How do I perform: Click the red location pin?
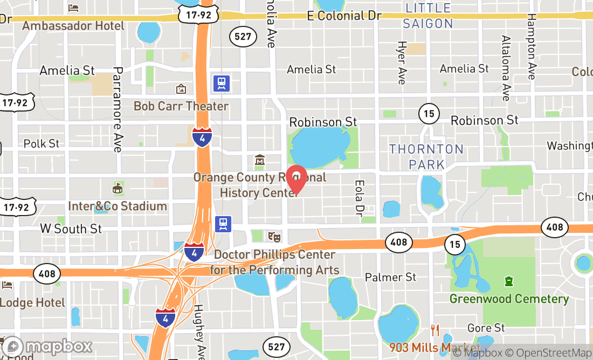click(296, 180)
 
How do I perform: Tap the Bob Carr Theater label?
click(181, 106)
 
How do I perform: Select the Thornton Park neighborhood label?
click(426, 156)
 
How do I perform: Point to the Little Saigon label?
click(429, 16)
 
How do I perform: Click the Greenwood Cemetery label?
click(509, 299)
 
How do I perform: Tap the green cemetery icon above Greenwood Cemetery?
click(508, 281)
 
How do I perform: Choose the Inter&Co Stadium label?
click(118, 206)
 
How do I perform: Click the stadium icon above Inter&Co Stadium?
click(117, 188)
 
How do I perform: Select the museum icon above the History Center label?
click(260, 160)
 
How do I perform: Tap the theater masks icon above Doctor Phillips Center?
click(274, 236)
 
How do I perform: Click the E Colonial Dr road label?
click(344, 16)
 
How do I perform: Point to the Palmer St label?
click(390, 277)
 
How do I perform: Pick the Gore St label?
click(486, 328)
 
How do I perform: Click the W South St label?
click(71, 229)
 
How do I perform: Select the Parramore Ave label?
click(118, 109)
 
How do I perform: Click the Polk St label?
click(42, 144)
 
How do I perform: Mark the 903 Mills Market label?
click(435, 347)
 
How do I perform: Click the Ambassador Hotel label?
click(73, 26)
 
